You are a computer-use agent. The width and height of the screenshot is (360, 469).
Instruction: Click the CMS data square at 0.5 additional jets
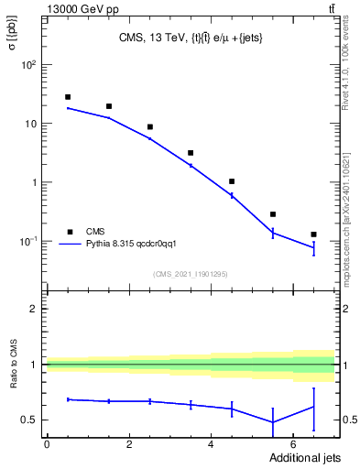pos(68,97)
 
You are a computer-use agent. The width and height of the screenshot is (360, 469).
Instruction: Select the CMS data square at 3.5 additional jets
pos(191,153)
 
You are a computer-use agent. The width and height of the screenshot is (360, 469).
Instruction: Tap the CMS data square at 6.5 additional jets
pos(313,234)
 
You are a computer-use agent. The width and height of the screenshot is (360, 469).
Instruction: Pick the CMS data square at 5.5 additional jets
pos(273,214)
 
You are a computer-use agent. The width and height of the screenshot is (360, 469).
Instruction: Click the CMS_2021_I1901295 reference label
pos(190,274)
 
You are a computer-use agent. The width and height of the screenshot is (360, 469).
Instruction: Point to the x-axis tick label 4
pos(212,443)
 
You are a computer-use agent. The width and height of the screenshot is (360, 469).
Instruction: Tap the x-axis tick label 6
pos(293,443)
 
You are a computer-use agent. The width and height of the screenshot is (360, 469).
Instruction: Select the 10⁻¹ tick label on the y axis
pos(29,241)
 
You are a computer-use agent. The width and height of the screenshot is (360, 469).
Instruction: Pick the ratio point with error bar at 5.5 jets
pos(273,422)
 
